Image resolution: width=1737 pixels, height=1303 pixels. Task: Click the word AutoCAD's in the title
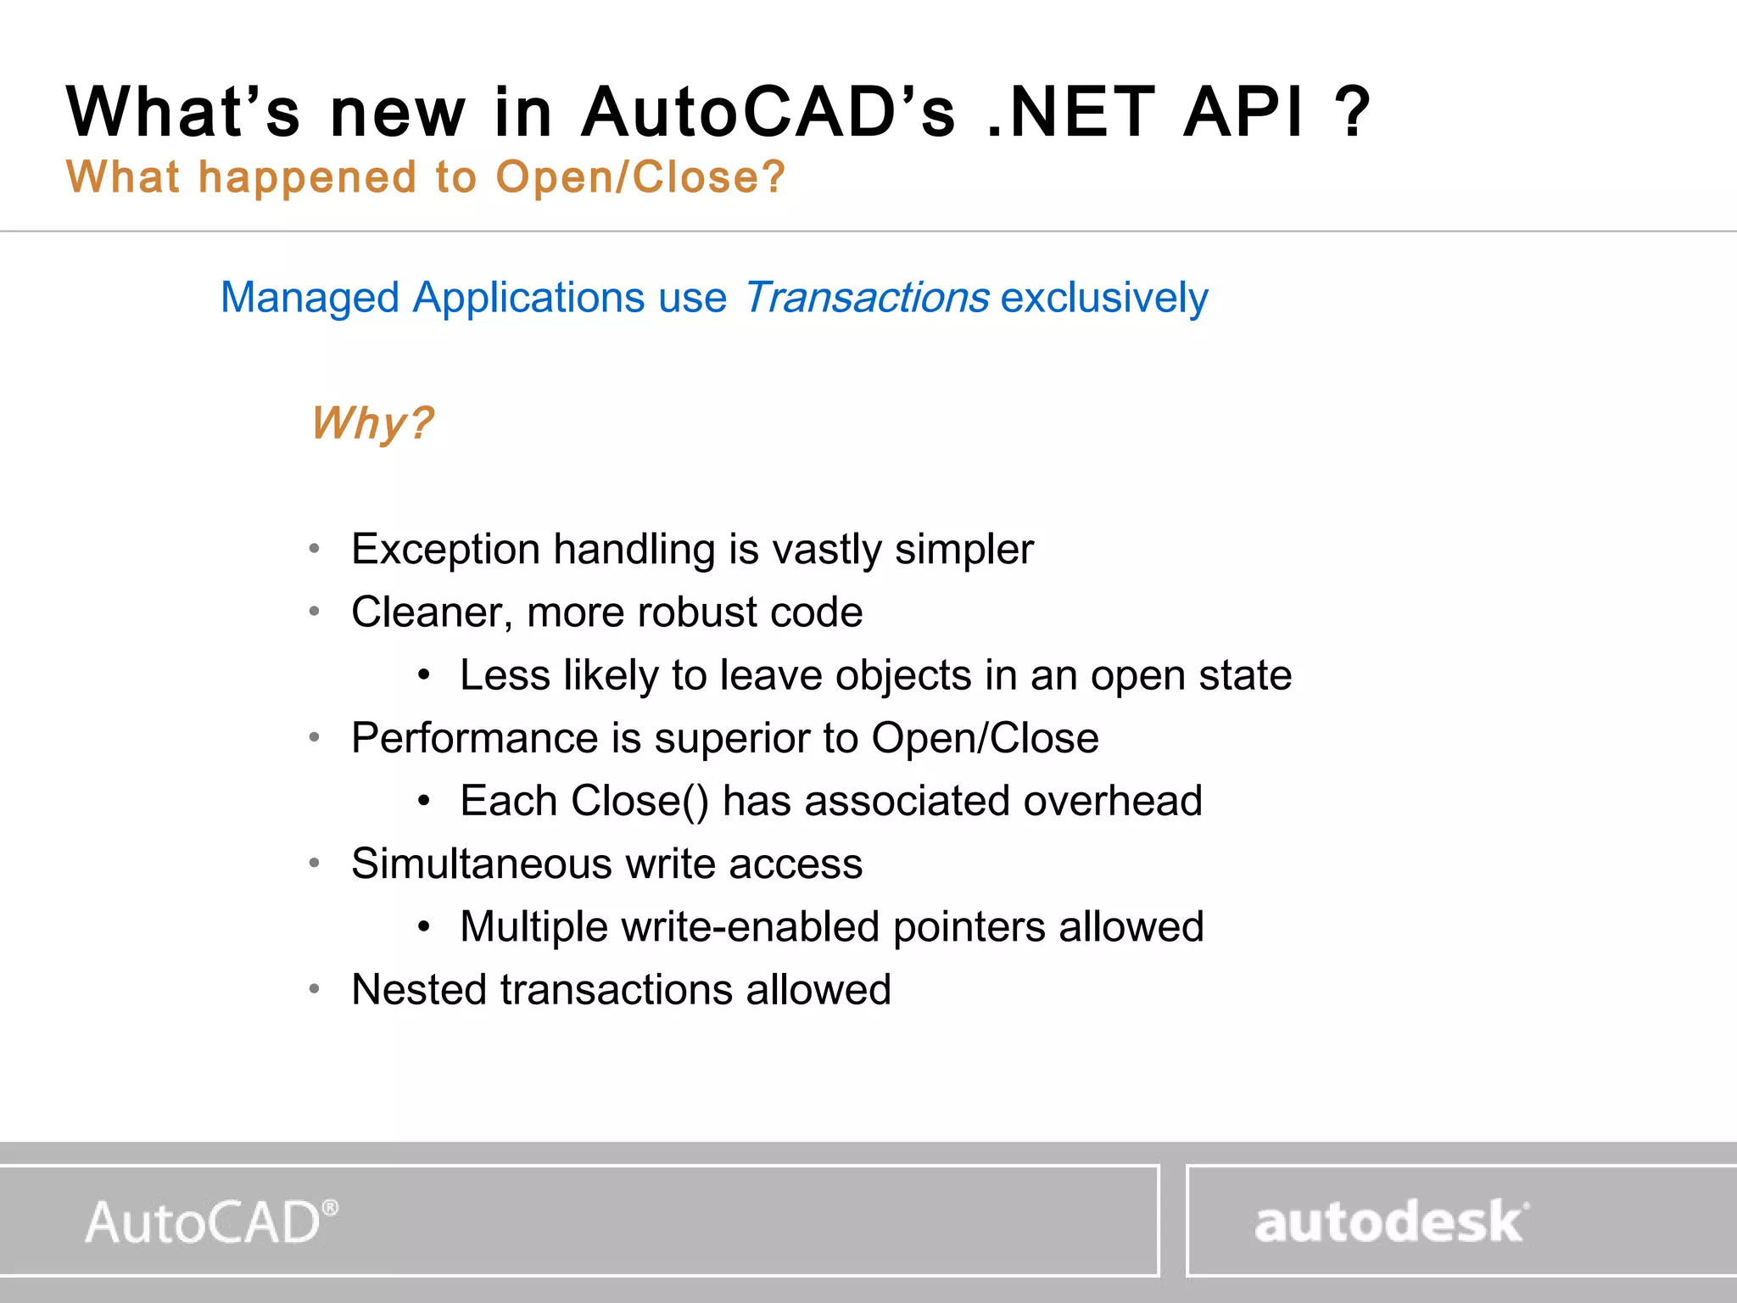pos(768,112)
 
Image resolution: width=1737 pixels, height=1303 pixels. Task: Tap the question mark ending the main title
pos(1351,112)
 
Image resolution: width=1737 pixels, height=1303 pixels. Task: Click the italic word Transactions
pos(866,298)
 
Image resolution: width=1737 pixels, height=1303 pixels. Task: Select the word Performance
pos(474,738)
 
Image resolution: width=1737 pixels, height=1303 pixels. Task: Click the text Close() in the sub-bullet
pos(640,801)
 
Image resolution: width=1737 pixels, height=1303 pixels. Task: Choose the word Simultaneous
pos(481,864)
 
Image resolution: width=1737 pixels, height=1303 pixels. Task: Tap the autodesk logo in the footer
pos(1388,1222)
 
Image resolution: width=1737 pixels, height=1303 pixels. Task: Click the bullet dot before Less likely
pos(424,676)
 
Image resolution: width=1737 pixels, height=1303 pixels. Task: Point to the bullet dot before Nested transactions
pos(315,989)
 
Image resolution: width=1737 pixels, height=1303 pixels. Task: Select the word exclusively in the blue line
pos(1104,298)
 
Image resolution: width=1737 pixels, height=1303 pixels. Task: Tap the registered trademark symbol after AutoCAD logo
pos(331,1207)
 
